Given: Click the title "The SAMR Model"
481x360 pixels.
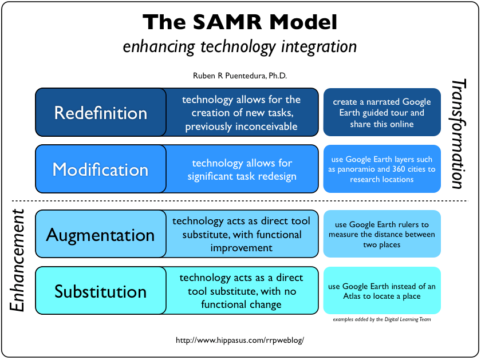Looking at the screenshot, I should (240, 22).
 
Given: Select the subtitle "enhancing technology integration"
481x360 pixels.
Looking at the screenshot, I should (240, 46).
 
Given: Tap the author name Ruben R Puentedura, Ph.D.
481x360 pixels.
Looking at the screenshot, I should (240, 76).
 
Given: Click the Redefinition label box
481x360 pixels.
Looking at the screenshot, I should (101, 112).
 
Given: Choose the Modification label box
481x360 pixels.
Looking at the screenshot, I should (101, 169).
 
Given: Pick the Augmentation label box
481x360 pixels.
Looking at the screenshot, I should (101, 234).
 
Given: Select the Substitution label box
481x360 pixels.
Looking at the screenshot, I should (101, 291).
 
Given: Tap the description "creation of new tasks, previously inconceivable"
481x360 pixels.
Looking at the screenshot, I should (241, 113).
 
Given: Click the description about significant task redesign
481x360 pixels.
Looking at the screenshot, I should (242, 169).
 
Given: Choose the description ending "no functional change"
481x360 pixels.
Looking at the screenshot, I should (241, 291).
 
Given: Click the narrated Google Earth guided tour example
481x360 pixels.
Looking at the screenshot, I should (382, 113).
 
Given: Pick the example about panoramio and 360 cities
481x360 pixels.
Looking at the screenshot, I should (382, 169).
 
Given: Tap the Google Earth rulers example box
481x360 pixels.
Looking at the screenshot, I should (382, 234).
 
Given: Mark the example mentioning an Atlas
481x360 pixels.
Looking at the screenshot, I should (382, 291).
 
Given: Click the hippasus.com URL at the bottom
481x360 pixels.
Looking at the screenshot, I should (239, 339).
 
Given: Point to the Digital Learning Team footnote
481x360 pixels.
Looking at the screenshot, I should (382, 319).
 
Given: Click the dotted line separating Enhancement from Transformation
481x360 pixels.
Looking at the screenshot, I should (240, 201).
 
